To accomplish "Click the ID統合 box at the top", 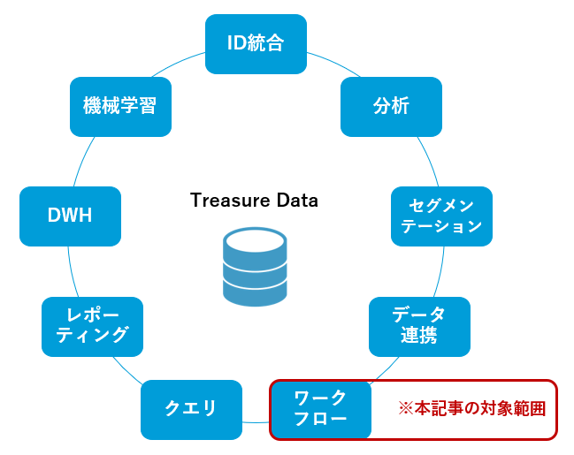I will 256,44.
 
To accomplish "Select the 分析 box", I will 391,106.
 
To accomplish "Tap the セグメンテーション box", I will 441,216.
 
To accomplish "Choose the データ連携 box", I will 418,325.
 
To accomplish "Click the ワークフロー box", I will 321,409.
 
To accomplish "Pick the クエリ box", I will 191,409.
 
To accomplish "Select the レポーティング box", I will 92,325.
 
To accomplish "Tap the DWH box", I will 70,216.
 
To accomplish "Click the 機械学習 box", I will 120,106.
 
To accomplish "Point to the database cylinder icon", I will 255,267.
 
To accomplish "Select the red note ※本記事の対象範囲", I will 471,409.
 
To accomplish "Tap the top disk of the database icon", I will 255,240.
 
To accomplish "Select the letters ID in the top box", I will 236,44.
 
